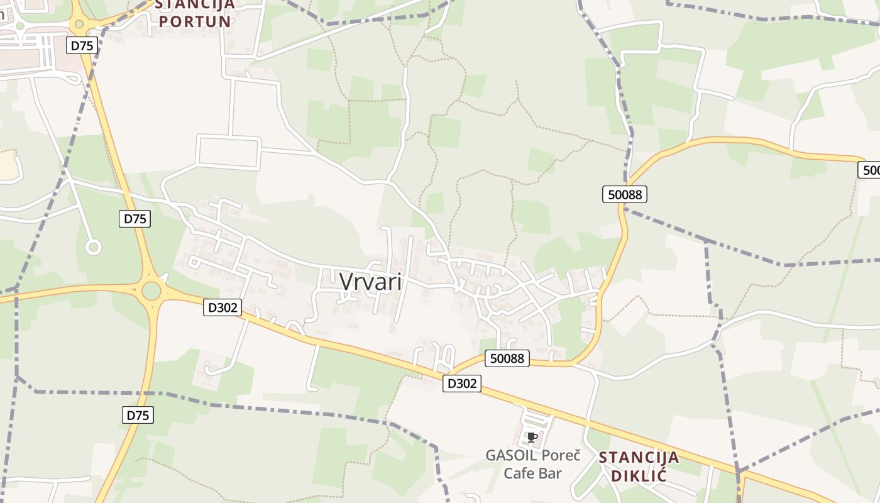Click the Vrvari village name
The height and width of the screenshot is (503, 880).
point(370,281)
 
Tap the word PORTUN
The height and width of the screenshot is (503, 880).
point(195,21)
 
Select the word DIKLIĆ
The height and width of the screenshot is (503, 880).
point(639,475)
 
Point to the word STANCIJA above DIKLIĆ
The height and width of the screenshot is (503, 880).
point(639,457)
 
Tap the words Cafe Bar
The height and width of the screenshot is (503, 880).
point(532,473)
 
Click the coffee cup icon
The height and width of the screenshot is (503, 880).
point(532,437)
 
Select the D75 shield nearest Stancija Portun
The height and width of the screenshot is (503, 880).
point(82,45)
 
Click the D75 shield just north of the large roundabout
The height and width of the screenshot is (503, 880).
point(135,219)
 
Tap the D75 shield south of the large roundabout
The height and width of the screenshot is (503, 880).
point(138,415)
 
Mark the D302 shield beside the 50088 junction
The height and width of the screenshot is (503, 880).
point(462,384)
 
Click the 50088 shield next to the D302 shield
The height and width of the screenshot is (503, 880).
point(507,358)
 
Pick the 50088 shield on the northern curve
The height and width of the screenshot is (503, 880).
point(625,194)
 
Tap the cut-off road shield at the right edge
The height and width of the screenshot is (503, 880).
point(869,170)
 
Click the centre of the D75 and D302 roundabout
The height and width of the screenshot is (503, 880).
point(151,291)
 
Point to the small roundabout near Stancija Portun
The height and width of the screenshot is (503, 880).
point(79,25)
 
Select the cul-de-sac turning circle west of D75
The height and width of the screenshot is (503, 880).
point(94,248)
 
